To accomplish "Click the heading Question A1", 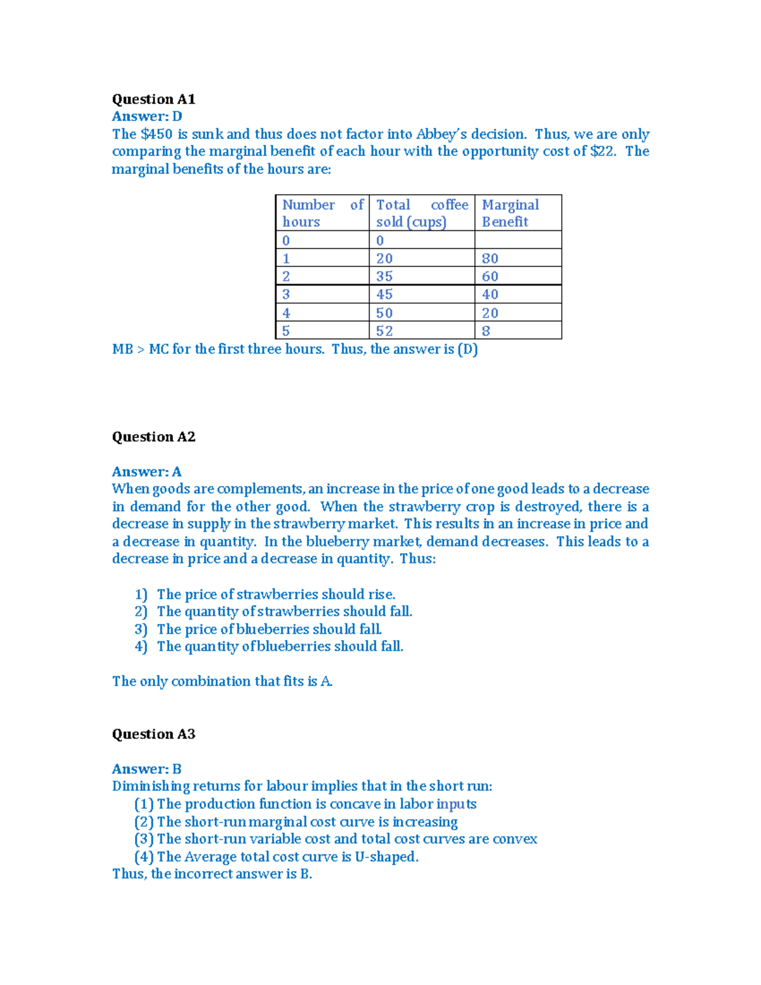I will (x=153, y=99).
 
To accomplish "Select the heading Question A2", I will (x=153, y=436).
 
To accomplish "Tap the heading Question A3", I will (x=153, y=734).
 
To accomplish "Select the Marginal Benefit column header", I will (x=511, y=213).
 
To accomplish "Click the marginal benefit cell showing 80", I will (x=490, y=258).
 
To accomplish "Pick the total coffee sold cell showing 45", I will (x=384, y=294).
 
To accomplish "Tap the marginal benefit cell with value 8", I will (x=486, y=330).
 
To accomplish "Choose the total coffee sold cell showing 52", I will (x=384, y=330).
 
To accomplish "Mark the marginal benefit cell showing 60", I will (x=490, y=277).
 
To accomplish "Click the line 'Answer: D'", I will (x=147, y=116).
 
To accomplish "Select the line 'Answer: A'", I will (x=146, y=471).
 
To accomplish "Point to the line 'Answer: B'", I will (x=146, y=769).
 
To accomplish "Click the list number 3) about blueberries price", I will (x=141, y=629).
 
